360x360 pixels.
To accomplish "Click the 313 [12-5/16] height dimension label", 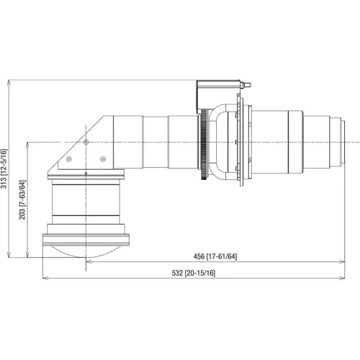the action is [x=4, y=168].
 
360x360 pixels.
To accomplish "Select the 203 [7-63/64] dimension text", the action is [x=22, y=199].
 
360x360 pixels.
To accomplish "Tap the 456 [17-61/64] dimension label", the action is [x=215, y=256].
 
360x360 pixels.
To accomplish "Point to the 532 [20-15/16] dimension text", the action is [x=194, y=273].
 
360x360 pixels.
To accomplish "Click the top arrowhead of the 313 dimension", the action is [x=9, y=82].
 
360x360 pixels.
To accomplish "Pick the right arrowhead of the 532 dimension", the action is [x=342, y=278].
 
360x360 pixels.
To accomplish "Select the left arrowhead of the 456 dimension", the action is [x=89, y=261].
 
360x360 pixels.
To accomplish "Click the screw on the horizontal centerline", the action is [x=86, y=143].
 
